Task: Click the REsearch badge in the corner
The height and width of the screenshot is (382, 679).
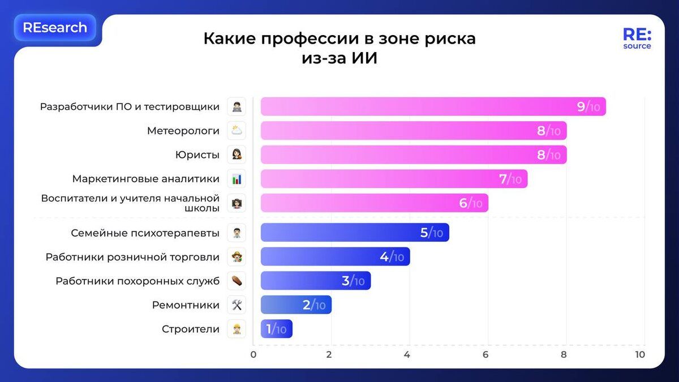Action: pyautogui.click(x=55, y=28)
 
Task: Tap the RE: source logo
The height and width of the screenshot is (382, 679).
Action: pyautogui.click(x=637, y=38)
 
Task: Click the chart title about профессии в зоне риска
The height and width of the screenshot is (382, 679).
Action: pyautogui.click(x=339, y=48)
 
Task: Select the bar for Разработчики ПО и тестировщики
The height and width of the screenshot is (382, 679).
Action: pyautogui.click(x=433, y=106)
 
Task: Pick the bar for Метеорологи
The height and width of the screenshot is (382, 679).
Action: pyautogui.click(x=413, y=131)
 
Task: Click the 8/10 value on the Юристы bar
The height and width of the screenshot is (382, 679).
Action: pyautogui.click(x=548, y=155)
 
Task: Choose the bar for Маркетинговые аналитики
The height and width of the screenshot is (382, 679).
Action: pyautogui.click(x=394, y=179)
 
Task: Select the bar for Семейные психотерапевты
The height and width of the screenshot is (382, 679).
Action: pyautogui.click(x=354, y=233)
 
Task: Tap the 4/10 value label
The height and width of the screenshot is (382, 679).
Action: pyautogui.click(x=392, y=257)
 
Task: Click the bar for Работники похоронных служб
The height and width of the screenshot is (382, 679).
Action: pyautogui.click(x=315, y=281)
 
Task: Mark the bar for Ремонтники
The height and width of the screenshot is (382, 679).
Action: pyautogui.click(x=295, y=306)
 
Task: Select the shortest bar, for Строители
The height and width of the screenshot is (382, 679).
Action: pyautogui.click(x=276, y=329)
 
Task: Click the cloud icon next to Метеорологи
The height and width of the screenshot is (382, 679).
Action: pyautogui.click(x=237, y=131)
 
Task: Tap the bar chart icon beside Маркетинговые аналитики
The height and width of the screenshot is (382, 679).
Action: pyautogui.click(x=237, y=179)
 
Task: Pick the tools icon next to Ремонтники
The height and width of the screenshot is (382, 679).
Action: pyautogui.click(x=237, y=306)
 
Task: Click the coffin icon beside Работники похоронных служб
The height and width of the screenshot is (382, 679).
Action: pyautogui.click(x=237, y=281)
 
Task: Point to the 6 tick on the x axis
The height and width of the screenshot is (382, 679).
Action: pyautogui.click(x=485, y=355)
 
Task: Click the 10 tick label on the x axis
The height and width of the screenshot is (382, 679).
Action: pyautogui.click(x=639, y=355)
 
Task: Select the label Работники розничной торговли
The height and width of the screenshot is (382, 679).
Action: pyautogui.click(x=132, y=257)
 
